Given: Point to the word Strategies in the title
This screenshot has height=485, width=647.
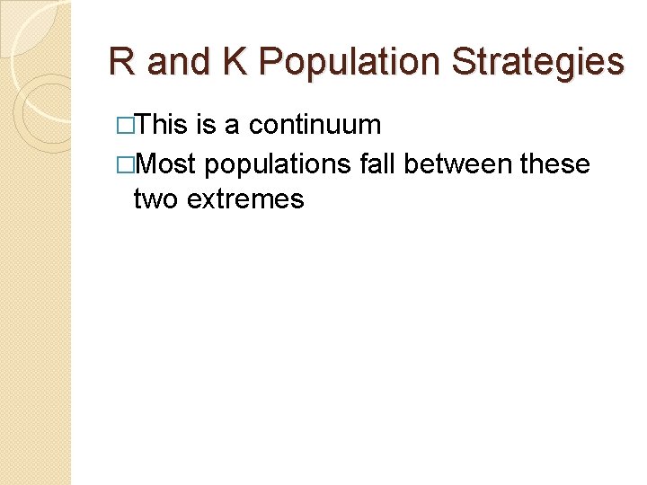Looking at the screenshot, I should (x=537, y=63).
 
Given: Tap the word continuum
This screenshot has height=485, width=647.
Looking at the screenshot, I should (x=315, y=125).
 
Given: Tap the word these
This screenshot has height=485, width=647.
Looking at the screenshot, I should (x=558, y=164).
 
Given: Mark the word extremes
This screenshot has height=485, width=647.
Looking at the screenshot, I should (x=245, y=199).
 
